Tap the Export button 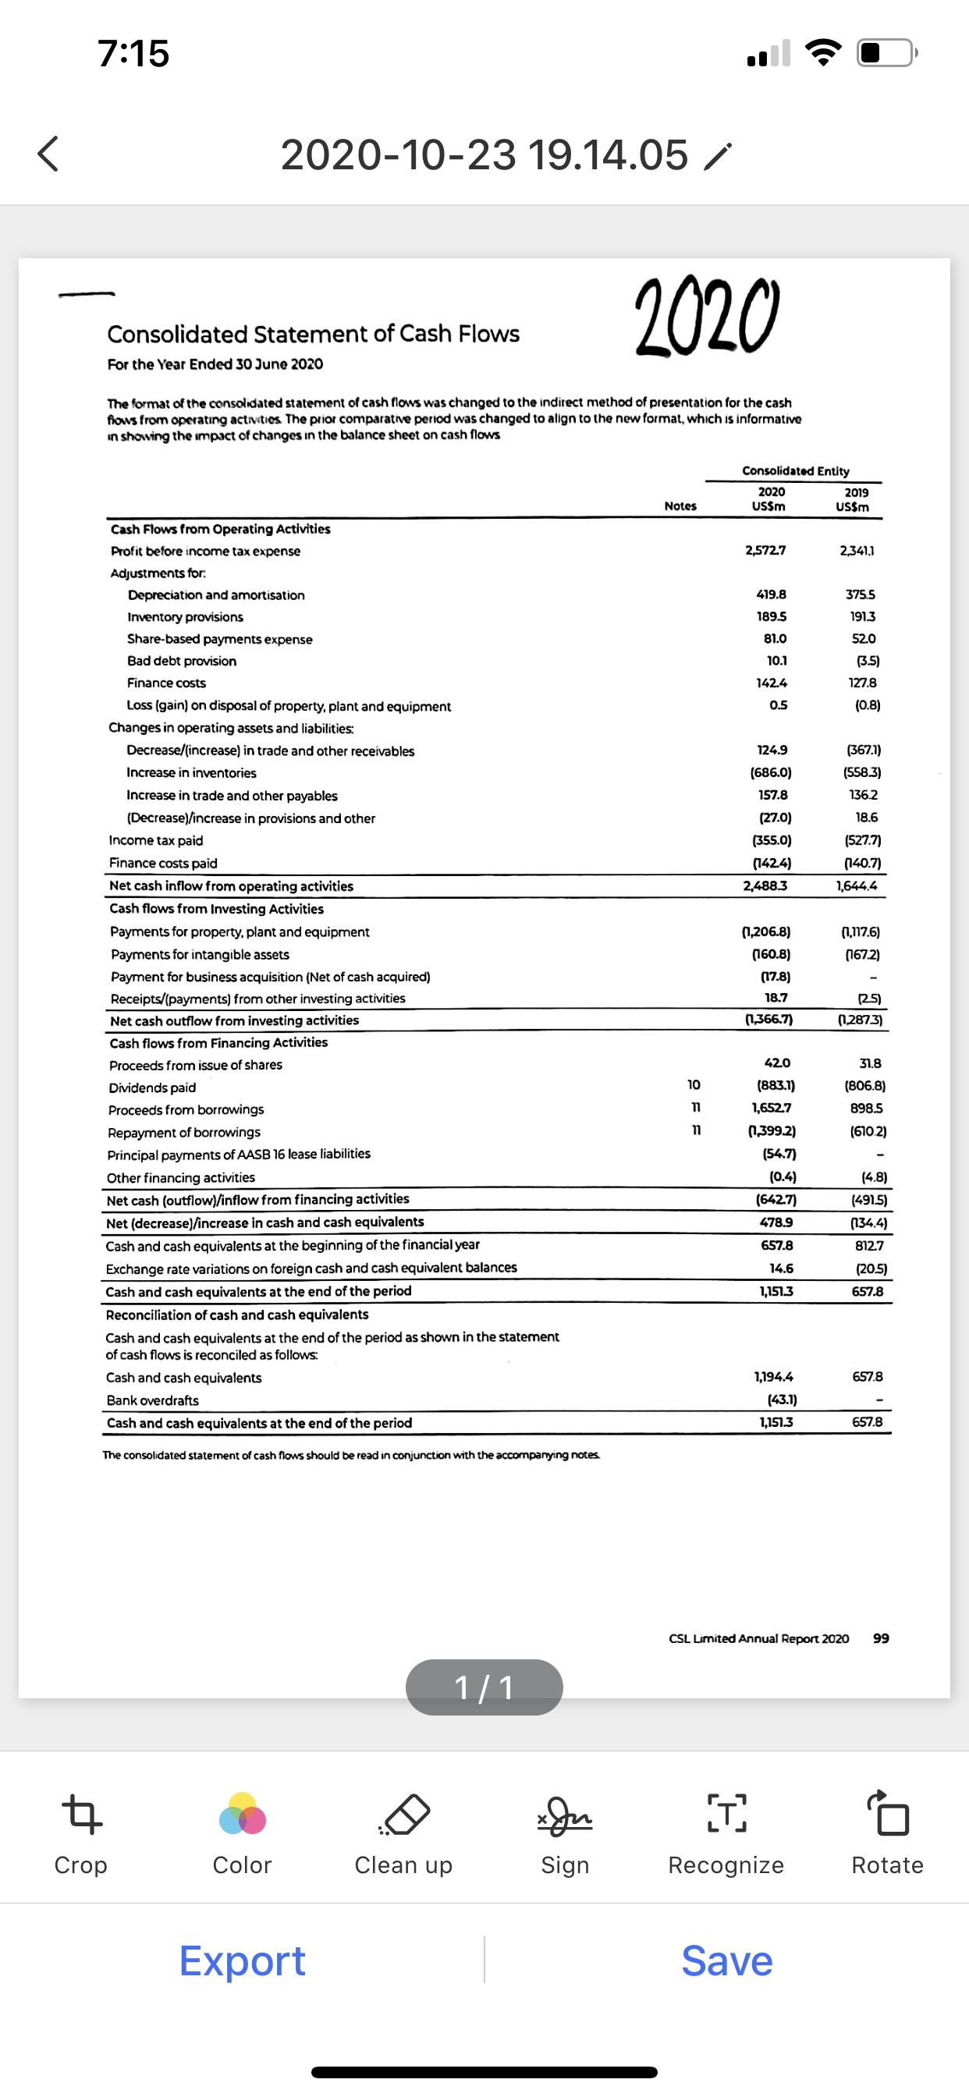pos(242,1960)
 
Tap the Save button pos(726,1960)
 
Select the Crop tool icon pos(81,1814)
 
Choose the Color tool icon pos(242,1814)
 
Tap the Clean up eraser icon pos(404,1814)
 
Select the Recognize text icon pos(726,1814)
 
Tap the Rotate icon pos(887,1814)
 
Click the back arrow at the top pos(48,154)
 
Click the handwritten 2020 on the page pos(706,317)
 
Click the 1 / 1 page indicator pos(484,1687)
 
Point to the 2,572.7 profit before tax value pos(765,550)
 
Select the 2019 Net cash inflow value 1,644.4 pos(857,885)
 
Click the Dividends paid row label pos(152,1088)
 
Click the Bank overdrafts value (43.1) pos(782,1400)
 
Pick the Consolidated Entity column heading pos(795,470)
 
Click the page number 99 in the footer pos(880,1638)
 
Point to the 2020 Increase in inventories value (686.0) pos(770,772)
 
